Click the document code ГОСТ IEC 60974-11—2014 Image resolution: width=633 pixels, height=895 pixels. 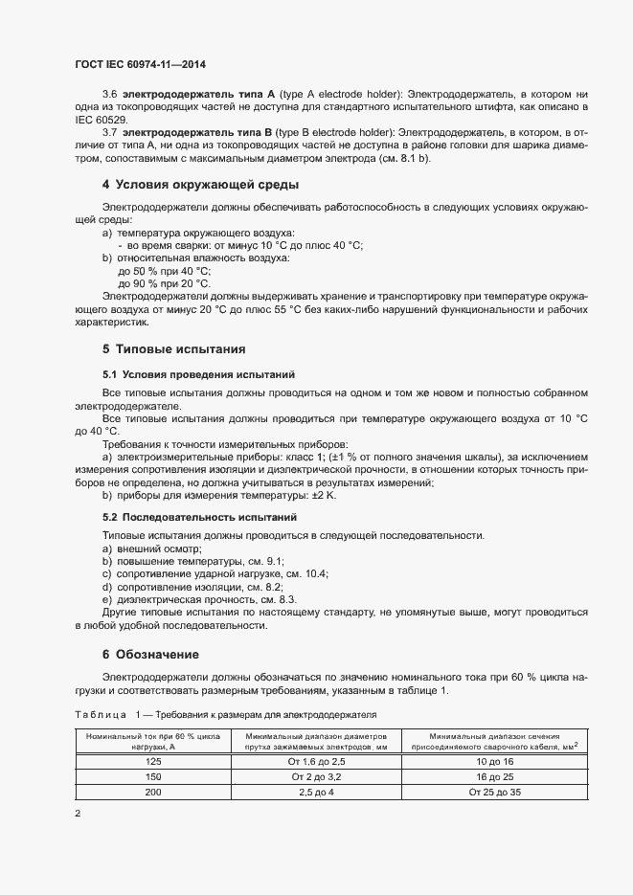pyautogui.click(x=140, y=65)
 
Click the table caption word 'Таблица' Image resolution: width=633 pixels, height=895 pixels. pyautogui.click(x=100, y=714)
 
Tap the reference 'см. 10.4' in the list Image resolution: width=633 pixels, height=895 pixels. pyautogui.click(x=305, y=573)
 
